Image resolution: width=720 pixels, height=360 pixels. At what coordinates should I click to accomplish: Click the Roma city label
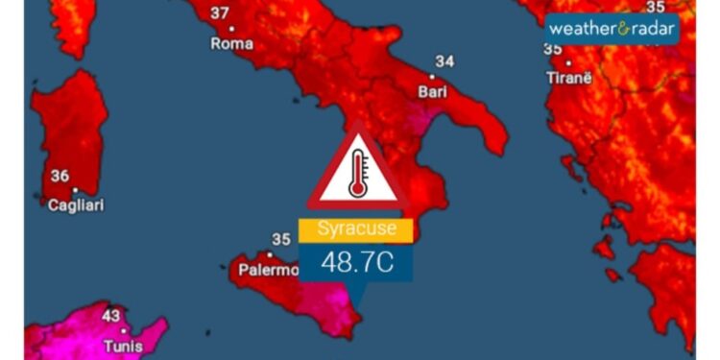point(231,44)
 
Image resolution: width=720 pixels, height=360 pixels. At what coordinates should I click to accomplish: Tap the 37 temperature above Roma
point(220,13)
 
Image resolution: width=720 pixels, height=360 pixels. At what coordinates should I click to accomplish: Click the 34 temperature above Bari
point(444,61)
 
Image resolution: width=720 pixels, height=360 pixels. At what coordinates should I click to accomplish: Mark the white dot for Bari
point(432,77)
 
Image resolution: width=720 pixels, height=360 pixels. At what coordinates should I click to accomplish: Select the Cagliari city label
point(77,204)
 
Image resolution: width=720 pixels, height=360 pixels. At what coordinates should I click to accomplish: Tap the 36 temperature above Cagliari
point(60,176)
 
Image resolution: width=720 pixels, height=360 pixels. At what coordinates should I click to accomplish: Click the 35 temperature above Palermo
point(281,240)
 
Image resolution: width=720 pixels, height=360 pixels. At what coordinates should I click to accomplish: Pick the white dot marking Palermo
point(270,255)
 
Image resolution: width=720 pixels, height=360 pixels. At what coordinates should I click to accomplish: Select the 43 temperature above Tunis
point(111,316)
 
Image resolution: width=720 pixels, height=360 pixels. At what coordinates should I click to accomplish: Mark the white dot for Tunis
point(123,330)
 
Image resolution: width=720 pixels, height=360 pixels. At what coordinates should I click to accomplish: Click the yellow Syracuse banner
point(355,230)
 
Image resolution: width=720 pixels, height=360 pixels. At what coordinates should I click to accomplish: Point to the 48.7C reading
point(356,262)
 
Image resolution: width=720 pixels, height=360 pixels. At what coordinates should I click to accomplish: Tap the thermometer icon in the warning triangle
point(357,174)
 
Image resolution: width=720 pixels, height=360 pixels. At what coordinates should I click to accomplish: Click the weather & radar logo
point(612,28)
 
